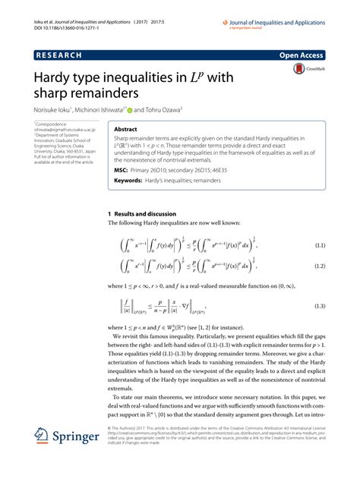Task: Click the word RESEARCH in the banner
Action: tap(59, 56)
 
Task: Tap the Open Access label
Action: tap(302, 56)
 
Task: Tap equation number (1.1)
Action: tap(320, 246)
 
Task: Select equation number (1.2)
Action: tap(320, 268)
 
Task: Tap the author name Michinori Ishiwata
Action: tap(103, 109)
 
